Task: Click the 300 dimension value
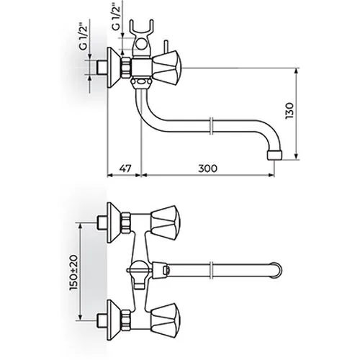207,168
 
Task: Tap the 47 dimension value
125,168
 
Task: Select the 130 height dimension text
289,111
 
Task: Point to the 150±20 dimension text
73,273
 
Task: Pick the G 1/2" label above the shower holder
116,17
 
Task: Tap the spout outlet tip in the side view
274,155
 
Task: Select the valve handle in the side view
167,68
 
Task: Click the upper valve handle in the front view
166,220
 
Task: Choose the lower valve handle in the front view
166,318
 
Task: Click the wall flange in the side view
113,68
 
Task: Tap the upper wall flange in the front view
114,222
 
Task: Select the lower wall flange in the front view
114,320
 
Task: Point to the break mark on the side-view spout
211,126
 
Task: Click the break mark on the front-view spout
211,271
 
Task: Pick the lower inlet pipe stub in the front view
102,320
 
